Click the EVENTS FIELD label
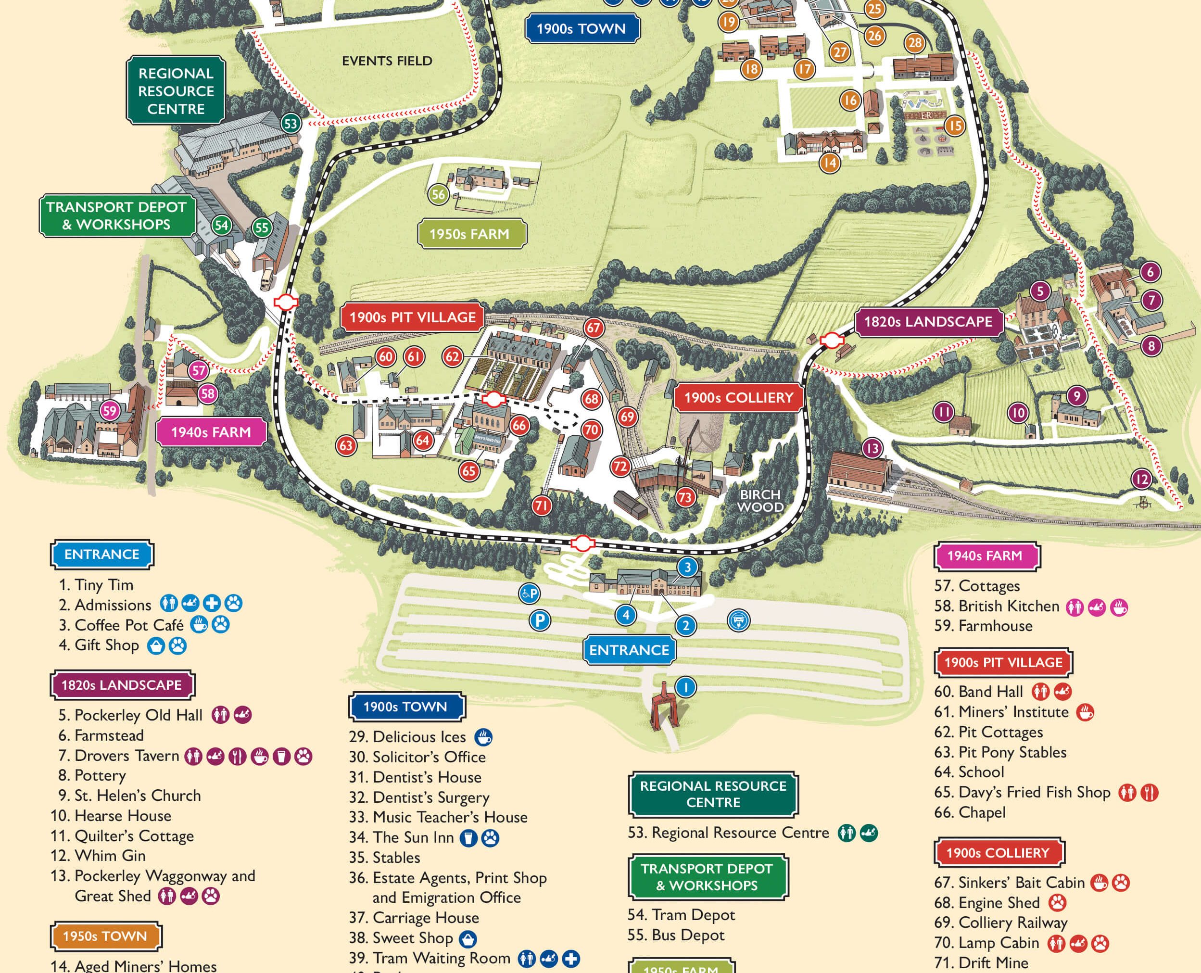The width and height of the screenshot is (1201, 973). pos(387,61)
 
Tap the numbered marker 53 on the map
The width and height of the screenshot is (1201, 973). pos(291,123)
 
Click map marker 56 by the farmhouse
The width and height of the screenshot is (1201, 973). pos(438,194)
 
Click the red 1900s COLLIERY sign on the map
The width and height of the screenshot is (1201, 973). pos(739,397)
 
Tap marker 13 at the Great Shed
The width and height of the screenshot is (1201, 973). pos(872,448)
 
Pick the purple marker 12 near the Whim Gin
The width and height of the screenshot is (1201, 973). pos(1141,479)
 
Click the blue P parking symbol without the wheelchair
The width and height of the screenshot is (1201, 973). pos(540,620)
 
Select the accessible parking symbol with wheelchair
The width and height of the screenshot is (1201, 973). pos(529,593)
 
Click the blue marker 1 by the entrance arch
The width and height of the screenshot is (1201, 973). pos(685,687)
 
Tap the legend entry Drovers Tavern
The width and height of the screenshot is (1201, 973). pos(126,756)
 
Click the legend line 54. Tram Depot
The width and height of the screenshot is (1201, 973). pos(681,915)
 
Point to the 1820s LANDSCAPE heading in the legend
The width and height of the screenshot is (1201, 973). pos(122,685)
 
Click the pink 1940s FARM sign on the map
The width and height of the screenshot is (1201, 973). pos(211,432)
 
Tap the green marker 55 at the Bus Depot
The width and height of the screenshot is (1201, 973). pos(262,227)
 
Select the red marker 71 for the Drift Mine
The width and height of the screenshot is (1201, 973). pos(541,505)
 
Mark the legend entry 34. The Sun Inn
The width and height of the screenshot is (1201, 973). pos(413,837)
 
